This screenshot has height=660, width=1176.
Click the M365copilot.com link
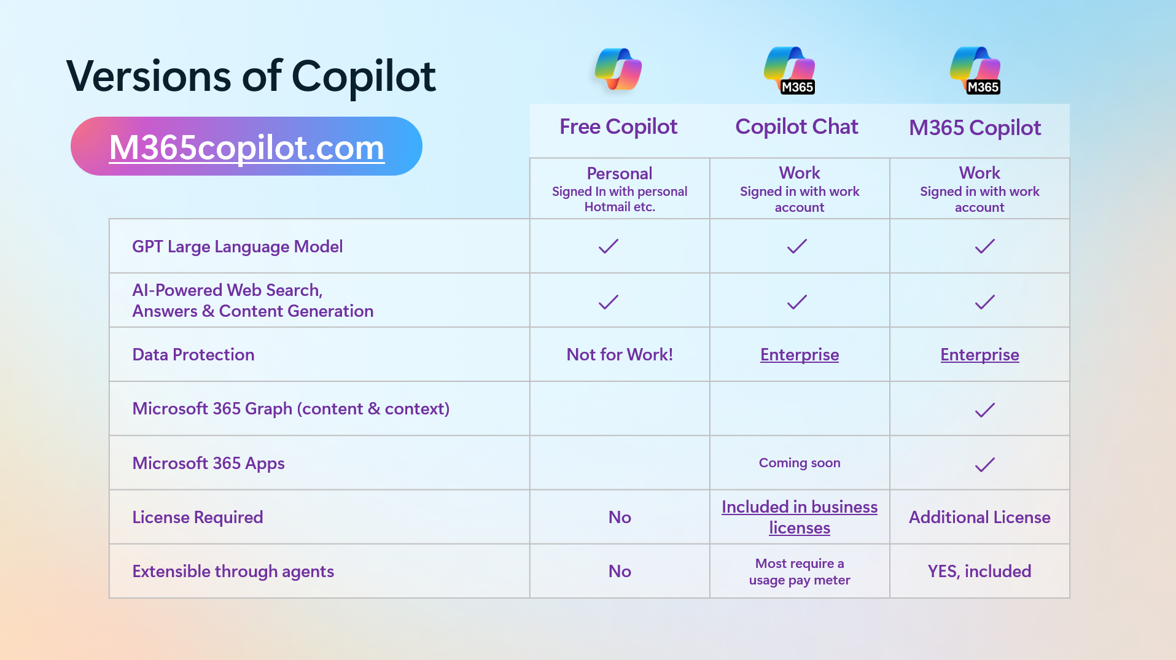click(247, 147)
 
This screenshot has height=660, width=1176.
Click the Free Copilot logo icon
click(618, 69)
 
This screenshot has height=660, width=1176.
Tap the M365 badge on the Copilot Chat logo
click(798, 87)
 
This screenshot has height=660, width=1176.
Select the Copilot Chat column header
click(796, 126)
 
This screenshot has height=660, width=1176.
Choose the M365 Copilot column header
click(975, 128)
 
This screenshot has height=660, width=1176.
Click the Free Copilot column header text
click(618, 126)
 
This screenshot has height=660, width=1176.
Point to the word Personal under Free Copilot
click(619, 173)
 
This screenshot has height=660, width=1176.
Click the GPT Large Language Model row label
click(237, 246)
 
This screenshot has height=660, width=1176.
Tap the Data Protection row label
click(193, 354)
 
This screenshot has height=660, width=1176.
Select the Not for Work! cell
click(619, 354)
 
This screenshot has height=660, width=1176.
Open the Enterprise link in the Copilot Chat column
click(799, 354)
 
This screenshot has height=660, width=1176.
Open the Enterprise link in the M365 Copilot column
click(979, 354)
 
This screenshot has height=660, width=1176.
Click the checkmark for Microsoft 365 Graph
click(984, 410)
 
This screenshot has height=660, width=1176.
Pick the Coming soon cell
click(799, 463)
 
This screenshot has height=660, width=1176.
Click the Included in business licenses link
click(799, 517)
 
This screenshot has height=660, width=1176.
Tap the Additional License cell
click(979, 517)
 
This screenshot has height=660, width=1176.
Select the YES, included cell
click(979, 571)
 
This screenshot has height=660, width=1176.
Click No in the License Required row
click(620, 517)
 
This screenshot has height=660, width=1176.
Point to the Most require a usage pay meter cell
click(799, 572)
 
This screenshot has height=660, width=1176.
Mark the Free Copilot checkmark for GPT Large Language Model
click(608, 246)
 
